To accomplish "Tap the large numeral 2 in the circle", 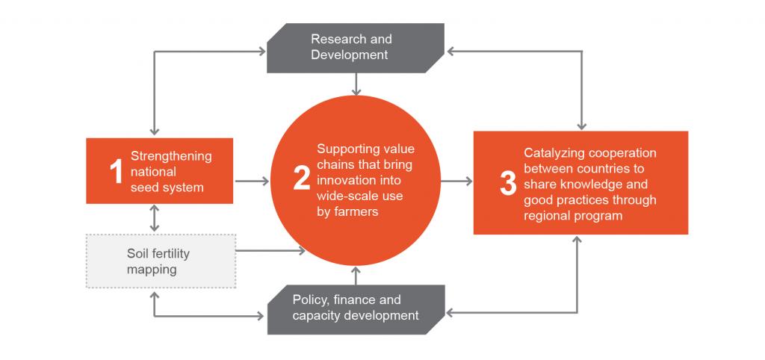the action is pyautogui.click(x=302, y=179).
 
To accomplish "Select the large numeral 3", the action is pyautogui.click(x=508, y=184).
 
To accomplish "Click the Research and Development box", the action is pyautogui.click(x=356, y=48).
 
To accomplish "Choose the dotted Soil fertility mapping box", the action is pyautogui.click(x=161, y=261).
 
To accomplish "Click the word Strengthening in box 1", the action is pyautogui.click(x=171, y=156).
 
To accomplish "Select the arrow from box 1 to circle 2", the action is pyautogui.click(x=252, y=181).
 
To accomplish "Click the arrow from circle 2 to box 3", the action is pyautogui.click(x=456, y=181).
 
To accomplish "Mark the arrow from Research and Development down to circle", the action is pyautogui.click(x=356, y=84).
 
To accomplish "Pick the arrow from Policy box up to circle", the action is pyautogui.click(x=356, y=275).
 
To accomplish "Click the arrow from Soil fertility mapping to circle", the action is pyautogui.click(x=270, y=251).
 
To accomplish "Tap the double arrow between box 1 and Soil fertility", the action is pyautogui.click(x=154, y=218).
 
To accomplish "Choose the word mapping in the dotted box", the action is pyautogui.click(x=152, y=270).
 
